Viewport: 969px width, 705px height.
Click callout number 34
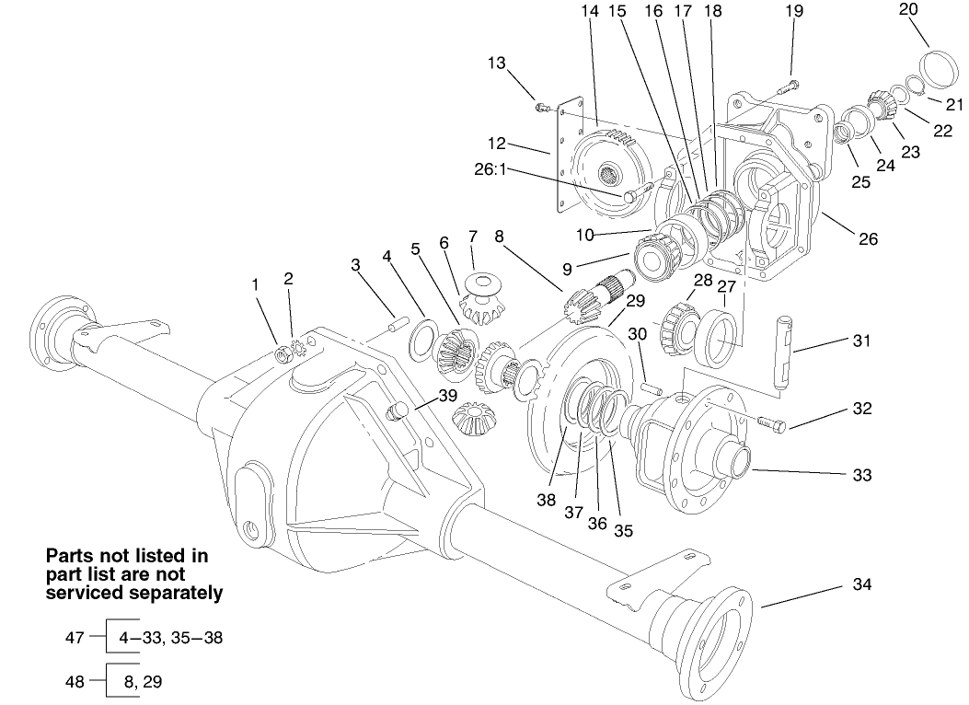(861, 585)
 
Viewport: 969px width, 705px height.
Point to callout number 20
(908, 10)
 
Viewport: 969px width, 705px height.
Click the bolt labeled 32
(771, 422)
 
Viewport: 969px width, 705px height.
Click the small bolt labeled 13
(542, 109)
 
